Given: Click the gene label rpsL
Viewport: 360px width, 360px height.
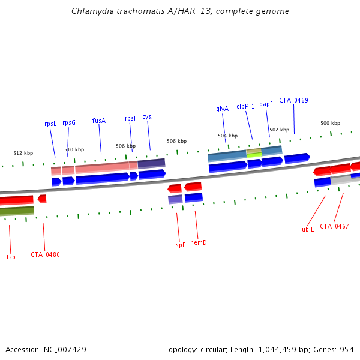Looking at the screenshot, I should click(x=50, y=124).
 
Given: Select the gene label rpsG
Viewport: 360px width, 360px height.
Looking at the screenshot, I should click(x=69, y=122).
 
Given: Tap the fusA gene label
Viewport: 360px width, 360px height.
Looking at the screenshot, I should click(x=99, y=121).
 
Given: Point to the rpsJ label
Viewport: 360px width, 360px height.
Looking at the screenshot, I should click(x=130, y=119).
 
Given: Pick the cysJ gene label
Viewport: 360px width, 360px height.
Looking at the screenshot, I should click(x=148, y=117).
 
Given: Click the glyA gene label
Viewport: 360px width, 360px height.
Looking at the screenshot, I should click(x=222, y=109).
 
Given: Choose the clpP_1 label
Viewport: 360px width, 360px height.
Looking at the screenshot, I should click(x=245, y=106).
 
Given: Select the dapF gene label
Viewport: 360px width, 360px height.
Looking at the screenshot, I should click(x=266, y=104).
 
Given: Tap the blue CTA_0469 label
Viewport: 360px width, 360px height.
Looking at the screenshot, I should click(x=293, y=100).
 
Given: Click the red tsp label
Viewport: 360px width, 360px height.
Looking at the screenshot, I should click(x=11, y=257).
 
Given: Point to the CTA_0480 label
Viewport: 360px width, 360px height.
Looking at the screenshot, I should click(x=45, y=254).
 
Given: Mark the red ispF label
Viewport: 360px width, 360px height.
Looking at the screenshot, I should click(x=179, y=245).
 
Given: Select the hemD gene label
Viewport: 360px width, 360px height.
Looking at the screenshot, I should click(x=198, y=242).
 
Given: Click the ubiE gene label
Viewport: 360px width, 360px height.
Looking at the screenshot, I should click(x=308, y=229).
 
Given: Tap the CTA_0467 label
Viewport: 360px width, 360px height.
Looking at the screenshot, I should click(x=334, y=226).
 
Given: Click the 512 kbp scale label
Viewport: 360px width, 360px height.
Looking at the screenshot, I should click(x=23, y=153).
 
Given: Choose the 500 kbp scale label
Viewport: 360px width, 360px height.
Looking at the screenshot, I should click(x=330, y=123).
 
